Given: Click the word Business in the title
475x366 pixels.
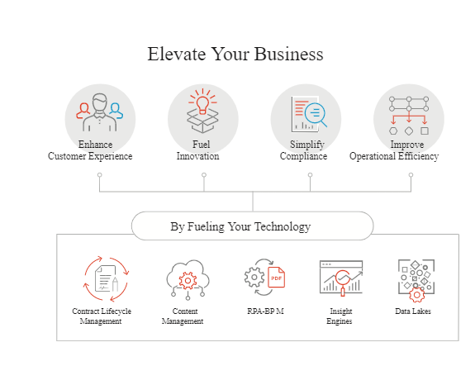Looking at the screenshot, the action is click(x=288, y=55).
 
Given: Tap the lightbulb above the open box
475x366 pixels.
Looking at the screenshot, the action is click(x=202, y=105).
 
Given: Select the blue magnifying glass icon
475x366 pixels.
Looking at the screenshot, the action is click(x=316, y=114).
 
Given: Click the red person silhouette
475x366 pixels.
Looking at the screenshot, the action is click(x=83, y=111).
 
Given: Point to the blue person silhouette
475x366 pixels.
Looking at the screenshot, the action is click(x=116, y=111).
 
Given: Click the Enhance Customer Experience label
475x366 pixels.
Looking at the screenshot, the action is click(x=90, y=150).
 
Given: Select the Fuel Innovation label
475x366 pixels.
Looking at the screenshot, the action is click(x=198, y=150).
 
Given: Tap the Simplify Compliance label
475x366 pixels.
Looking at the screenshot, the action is click(x=303, y=150).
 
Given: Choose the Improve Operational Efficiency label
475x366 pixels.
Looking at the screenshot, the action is click(x=394, y=150).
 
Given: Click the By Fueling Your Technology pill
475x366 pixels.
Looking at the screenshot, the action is click(x=252, y=226).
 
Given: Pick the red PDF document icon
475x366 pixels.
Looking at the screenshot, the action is click(x=276, y=277).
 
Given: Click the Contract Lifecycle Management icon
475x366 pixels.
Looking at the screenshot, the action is click(x=106, y=278).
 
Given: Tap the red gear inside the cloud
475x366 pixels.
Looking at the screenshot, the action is click(x=188, y=281).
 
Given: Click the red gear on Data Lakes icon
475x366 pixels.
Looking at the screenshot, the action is click(x=417, y=295).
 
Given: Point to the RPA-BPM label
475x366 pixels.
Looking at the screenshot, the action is click(x=265, y=311).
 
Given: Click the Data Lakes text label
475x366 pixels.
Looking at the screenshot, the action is click(x=413, y=311).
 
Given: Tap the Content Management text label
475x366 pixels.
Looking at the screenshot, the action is click(x=183, y=316).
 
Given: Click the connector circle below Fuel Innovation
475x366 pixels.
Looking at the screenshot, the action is click(x=204, y=175).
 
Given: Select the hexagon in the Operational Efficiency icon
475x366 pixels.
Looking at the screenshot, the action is click(x=393, y=131).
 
